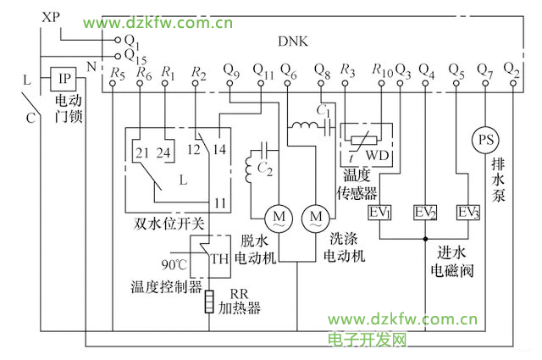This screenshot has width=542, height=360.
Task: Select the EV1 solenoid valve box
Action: tap(379, 212)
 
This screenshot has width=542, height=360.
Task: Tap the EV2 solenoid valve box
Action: tap(425, 212)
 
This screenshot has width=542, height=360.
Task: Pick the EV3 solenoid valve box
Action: tap(467, 212)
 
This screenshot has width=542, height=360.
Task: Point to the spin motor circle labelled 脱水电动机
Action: tap(279, 218)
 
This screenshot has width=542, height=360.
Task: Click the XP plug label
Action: tap(52, 17)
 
